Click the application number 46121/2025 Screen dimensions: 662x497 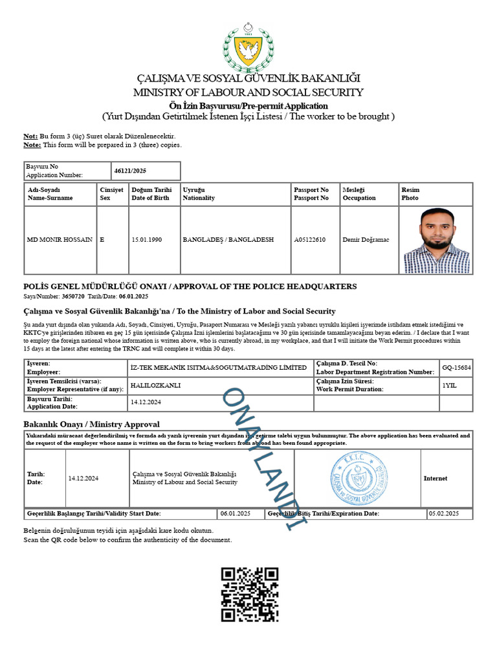coord(131,171)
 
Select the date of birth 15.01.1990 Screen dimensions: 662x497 coord(146,240)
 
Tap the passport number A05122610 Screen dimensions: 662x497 coord(310,240)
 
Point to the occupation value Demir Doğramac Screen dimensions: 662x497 coord(366,240)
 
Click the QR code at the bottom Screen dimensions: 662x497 coord(250,595)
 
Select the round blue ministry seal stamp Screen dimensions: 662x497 coord(359,478)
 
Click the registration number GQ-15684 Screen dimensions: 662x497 coord(457,367)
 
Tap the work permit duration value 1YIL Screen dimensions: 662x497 coord(449,385)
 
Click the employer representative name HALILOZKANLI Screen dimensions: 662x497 coord(155,385)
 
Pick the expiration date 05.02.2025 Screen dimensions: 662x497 coord(443,513)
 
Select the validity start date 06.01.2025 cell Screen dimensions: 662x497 coord(235,513)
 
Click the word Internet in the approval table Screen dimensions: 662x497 coord(436,478)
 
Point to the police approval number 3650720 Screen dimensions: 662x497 coord(73,296)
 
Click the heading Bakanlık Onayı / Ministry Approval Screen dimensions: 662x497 coord(91,424)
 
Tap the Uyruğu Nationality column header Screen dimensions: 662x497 coord(199,194)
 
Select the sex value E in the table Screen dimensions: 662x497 coord(102,240)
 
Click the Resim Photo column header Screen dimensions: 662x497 coord(411,194)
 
